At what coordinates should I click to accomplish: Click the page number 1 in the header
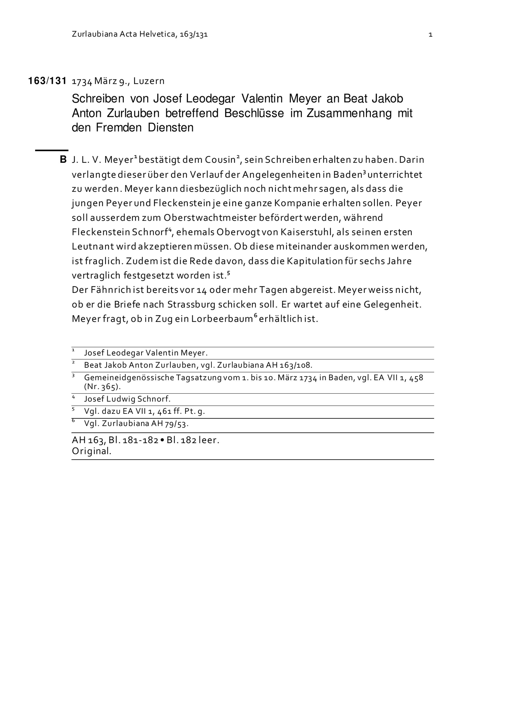(430, 35)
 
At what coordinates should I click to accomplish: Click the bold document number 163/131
(47, 81)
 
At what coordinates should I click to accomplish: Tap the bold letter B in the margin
(63, 160)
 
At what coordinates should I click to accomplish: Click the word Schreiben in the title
(98, 99)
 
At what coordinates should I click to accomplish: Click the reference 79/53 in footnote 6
(178, 424)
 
